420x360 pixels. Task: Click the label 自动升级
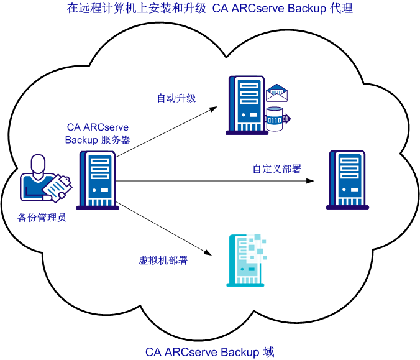click(x=176, y=98)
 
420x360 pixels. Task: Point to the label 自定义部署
click(x=276, y=169)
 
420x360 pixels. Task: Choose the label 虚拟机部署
click(x=163, y=261)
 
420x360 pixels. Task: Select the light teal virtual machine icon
click(x=245, y=261)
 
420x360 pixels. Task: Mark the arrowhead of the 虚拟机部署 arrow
click(x=213, y=253)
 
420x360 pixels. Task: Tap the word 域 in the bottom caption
click(x=268, y=352)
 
